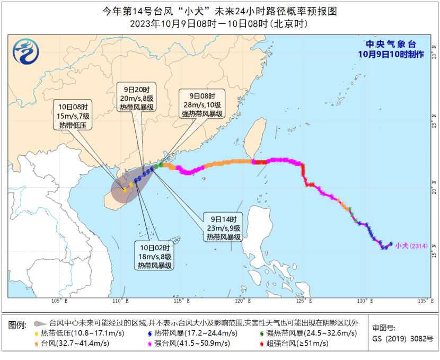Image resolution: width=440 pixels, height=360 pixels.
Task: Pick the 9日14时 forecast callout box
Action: tap(224, 227)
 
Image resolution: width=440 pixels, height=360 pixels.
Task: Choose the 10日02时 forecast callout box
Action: tap(155, 257)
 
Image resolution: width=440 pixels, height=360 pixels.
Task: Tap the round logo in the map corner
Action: tap(27, 53)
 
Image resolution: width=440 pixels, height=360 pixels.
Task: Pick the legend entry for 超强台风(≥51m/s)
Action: tap(295, 344)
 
